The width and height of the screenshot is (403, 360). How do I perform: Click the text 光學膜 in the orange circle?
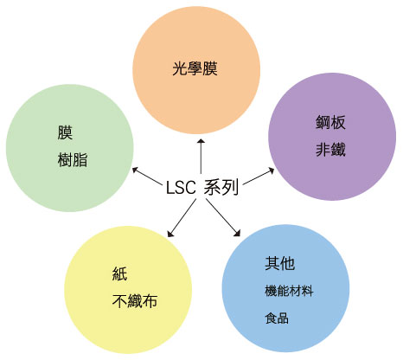(195, 68)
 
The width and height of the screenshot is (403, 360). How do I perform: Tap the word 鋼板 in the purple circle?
(330, 122)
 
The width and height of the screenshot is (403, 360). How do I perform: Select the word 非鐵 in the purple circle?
(330, 150)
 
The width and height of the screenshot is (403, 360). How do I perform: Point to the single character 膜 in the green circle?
(65, 132)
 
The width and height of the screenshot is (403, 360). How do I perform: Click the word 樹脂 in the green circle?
(73, 160)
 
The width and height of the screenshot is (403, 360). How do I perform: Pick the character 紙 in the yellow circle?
(119, 273)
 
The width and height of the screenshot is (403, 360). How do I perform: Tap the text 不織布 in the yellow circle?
(135, 301)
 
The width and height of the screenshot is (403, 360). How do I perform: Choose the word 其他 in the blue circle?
(279, 263)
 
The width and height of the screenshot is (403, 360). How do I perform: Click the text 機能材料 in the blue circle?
(289, 291)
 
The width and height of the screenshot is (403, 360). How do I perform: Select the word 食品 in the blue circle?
(277, 318)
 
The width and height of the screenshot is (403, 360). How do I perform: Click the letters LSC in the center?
(181, 188)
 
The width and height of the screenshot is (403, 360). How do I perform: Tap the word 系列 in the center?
(221, 187)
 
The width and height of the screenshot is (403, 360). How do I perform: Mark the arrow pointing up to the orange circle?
(201, 156)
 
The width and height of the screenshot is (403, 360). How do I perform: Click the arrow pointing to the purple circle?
(259, 177)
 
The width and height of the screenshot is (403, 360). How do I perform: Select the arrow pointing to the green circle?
(147, 176)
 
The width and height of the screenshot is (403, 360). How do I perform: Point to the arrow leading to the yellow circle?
(182, 218)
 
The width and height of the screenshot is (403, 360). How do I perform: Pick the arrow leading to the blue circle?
(223, 218)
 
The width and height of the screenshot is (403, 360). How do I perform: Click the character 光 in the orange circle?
(180, 68)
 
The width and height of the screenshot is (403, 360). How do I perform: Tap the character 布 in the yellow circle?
(150, 301)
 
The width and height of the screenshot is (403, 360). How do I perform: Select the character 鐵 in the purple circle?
(338, 150)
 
